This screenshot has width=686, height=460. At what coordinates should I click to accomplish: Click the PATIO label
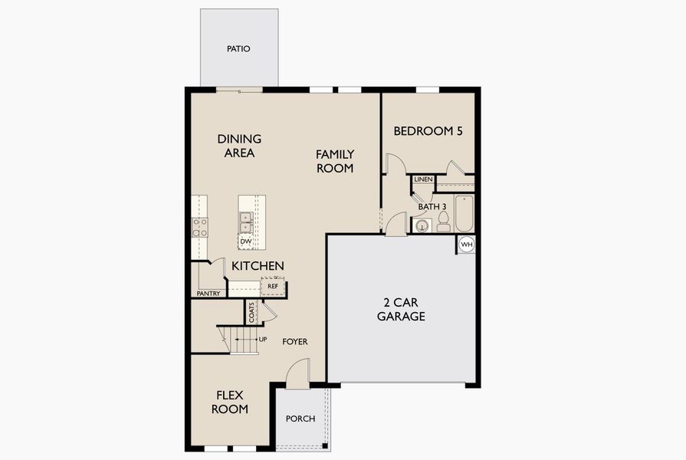pos(238,49)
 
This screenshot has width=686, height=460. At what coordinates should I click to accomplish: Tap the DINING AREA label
pos(239,146)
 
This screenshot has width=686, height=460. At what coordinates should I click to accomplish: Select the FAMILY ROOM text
pos(335,161)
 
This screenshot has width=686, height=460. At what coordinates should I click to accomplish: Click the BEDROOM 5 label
pos(428,131)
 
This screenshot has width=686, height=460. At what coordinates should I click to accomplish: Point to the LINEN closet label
pos(423,179)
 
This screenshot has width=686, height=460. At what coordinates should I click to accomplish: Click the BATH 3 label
pos(432,207)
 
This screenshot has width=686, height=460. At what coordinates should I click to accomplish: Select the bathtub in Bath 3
pos(464,213)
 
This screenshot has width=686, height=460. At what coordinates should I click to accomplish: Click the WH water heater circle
pos(467,245)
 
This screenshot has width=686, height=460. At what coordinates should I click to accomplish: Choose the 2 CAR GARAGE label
pos(401,308)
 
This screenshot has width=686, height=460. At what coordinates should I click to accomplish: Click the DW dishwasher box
pos(246,242)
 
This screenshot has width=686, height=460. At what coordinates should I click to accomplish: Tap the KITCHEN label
pos(258,266)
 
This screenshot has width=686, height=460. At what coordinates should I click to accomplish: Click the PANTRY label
pos(208,294)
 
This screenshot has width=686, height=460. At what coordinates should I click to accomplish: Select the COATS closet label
pos(251,312)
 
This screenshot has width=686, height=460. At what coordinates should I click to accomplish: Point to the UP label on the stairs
pos(263,339)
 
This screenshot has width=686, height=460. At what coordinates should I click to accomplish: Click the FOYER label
pos(295,341)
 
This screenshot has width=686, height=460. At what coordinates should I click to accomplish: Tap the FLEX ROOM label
pos(230,402)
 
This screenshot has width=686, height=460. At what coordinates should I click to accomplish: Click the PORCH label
pos(300,419)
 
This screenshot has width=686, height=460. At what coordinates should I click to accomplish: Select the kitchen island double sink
pos(246,222)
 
